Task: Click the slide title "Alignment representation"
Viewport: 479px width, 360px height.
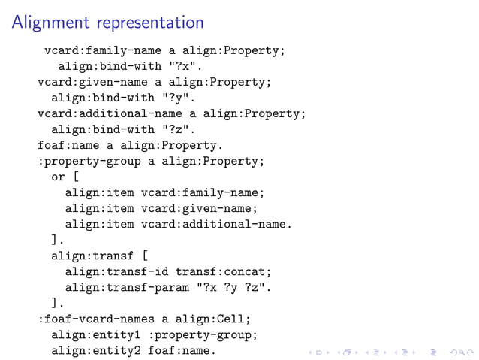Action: pos(107,23)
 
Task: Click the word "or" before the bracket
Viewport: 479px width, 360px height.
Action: pos(58,177)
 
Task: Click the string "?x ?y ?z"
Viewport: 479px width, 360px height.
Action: pos(233,287)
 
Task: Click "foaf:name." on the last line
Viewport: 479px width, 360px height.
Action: pos(182,350)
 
